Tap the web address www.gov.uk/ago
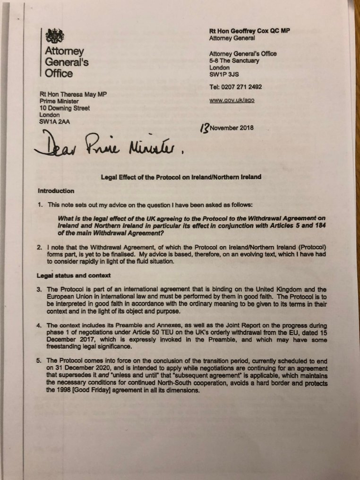pyautogui.click(x=232, y=101)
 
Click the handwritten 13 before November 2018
pyautogui.click(x=205, y=128)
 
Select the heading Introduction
pyautogui.click(x=56, y=191)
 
